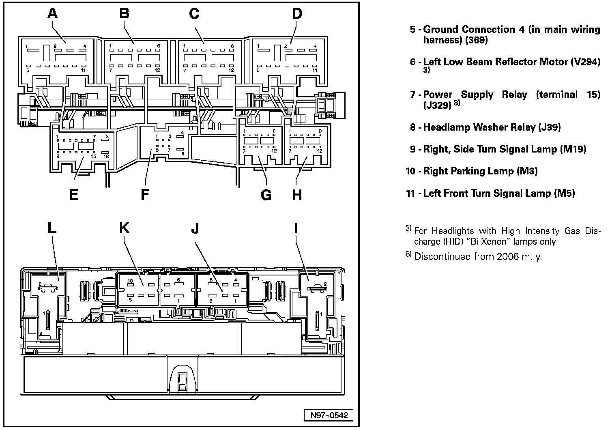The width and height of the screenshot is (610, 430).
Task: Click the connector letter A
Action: click(x=53, y=13)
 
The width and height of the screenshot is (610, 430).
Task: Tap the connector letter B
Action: click(x=125, y=13)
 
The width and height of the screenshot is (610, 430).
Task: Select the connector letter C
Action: click(x=194, y=14)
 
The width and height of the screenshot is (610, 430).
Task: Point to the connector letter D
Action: click(x=297, y=14)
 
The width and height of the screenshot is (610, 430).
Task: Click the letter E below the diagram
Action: click(x=74, y=195)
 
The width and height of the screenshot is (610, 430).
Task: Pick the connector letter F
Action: click(x=145, y=195)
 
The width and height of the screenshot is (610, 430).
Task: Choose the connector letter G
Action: click(x=266, y=195)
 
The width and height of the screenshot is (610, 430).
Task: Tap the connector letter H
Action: click(x=297, y=195)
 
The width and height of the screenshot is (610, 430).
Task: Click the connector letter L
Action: click(x=52, y=228)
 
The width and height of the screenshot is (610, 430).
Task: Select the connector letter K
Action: click(x=125, y=228)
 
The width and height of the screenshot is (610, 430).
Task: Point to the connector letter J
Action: click(x=195, y=228)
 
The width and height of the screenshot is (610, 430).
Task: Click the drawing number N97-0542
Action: click(x=329, y=415)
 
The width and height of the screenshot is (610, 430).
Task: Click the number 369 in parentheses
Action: click(x=476, y=40)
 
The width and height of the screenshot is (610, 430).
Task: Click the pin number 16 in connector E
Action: click(x=106, y=156)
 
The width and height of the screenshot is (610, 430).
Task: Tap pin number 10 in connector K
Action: click(x=130, y=281)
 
